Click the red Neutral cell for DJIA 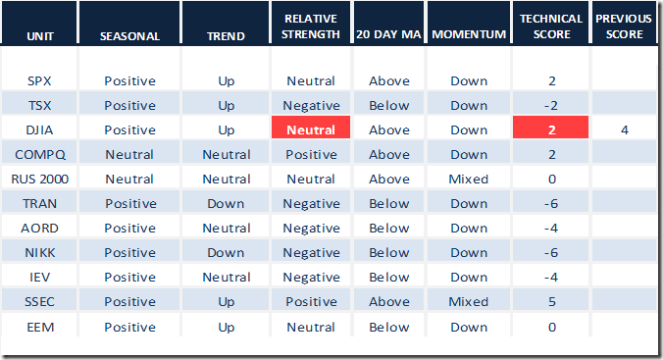point(311,127)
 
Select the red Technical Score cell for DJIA point(550,127)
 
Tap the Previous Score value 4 point(624,129)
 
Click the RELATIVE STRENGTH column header point(311,26)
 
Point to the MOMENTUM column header point(469,34)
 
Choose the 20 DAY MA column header point(388,34)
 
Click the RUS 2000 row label point(40,179)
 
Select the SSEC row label point(40,301)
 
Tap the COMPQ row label point(40,155)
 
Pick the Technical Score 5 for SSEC point(552,301)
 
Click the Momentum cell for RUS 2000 point(469,179)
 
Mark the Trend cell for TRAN point(226,203)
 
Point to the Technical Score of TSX point(551,105)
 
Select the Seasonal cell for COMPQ point(129,154)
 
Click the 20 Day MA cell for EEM point(389,327)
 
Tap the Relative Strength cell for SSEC point(311,301)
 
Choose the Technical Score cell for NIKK point(551,252)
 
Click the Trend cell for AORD point(227,228)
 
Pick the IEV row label point(40,277)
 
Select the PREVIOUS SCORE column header point(624,26)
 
